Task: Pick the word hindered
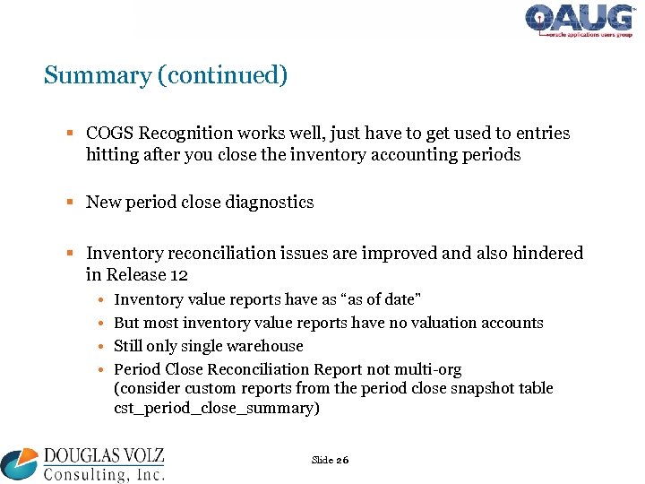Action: [x=546, y=254]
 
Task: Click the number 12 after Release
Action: [x=179, y=275]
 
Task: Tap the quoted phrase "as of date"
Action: [x=383, y=299]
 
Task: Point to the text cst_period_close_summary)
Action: [x=217, y=409]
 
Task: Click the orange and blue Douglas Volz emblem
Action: [x=20, y=462]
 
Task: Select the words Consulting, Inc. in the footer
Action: [x=102, y=473]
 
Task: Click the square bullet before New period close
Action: [x=73, y=203]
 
